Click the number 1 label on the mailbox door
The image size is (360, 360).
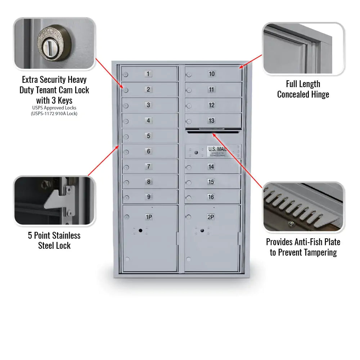coord(148,74)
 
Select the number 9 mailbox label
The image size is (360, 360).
coord(148,197)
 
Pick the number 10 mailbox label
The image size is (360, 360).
coord(212,74)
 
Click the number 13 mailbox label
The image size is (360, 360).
coord(212,121)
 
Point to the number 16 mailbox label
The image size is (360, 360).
coord(211,197)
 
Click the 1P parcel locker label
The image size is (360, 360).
coord(149,217)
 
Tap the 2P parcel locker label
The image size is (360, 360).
coord(211,217)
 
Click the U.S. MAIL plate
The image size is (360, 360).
coord(217,151)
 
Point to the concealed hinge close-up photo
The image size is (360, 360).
coord(303,49)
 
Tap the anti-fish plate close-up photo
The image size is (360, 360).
coord(303,207)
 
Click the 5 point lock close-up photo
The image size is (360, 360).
coord(54,201)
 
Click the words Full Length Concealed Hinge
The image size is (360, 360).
coord(303,89)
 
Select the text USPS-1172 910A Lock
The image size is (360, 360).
coord(54,113)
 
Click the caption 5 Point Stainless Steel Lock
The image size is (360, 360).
coord(54,240)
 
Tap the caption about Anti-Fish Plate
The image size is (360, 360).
coord(303,247)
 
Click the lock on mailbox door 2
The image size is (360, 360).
coord(126,90)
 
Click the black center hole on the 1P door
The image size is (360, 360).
coord(140,230)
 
